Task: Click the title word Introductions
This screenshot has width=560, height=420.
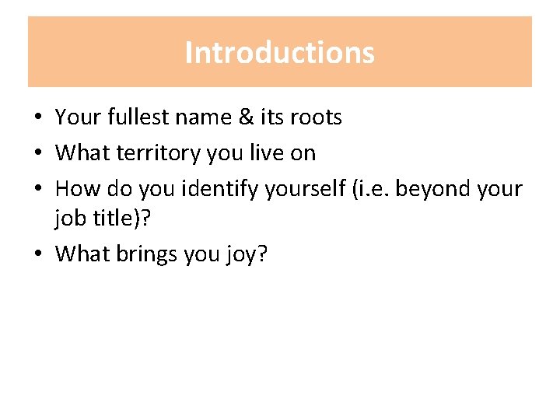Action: pos(280,53)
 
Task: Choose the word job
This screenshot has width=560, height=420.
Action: pos(69,221)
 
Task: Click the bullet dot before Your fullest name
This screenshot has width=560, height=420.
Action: pos(37,118)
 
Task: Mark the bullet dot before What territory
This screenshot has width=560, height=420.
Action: pos(37,154)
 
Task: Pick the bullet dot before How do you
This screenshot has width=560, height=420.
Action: pos(37,190)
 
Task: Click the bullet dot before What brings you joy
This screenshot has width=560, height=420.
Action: pos(37,254)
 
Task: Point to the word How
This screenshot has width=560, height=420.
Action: pos(75,189)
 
